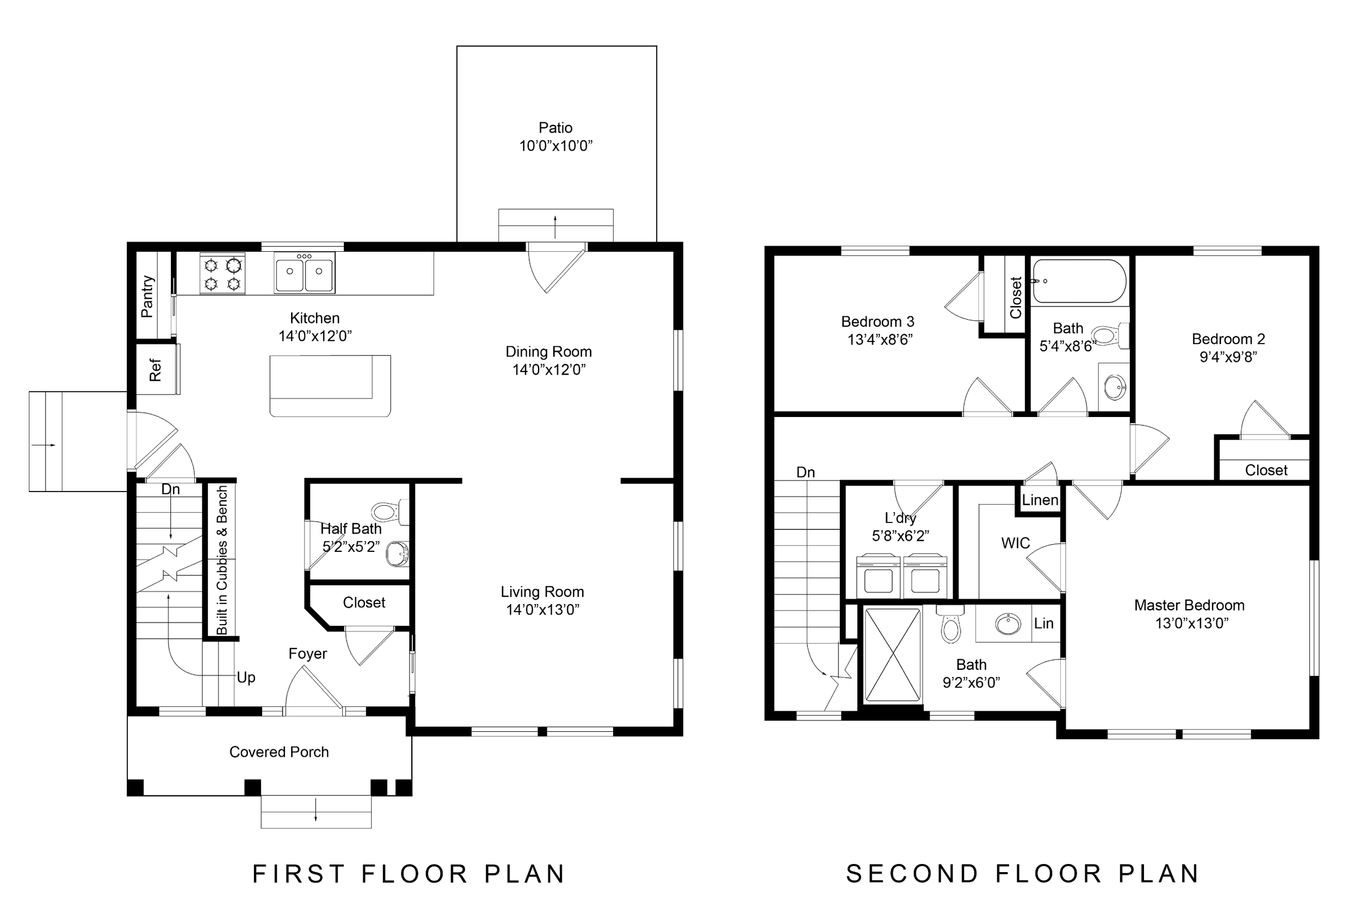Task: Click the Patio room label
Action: click(555, 128)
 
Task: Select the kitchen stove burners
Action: click(222, 273)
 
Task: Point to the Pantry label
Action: click(147, 296)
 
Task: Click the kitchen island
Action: click(330, 385)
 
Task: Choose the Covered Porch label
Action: click(279, 751)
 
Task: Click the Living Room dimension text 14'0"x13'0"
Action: click(543, 610)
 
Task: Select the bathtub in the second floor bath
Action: click(1080, 281)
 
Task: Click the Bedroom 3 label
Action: click(877, 321)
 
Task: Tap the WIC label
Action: click(1015, 543)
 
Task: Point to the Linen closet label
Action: click(1040, 500)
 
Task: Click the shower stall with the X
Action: click(892, 655)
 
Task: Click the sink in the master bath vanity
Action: click(1008, 624)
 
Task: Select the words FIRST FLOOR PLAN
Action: click(409, 874)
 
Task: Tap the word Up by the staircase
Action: click(246, 677)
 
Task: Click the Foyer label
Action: click(307, 653)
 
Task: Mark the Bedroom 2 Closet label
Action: click(1266, 470)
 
